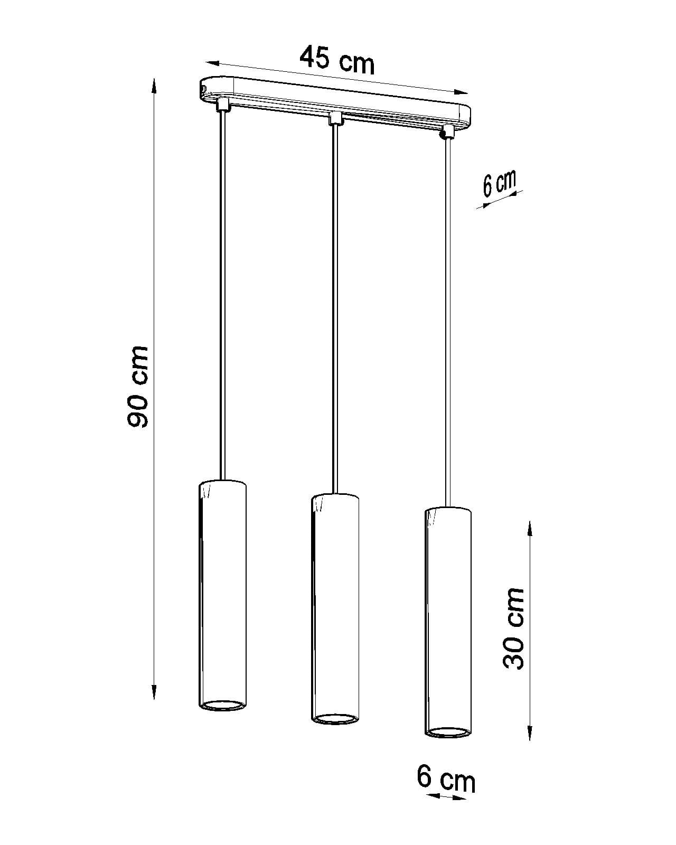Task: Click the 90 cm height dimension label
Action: [137, 387]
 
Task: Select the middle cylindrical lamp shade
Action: [335, 608]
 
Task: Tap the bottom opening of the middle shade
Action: [335, 719]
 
